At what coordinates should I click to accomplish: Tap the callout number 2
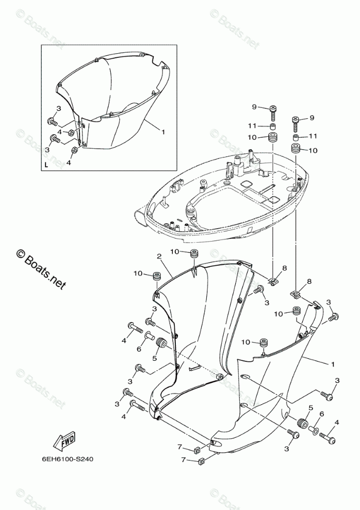(159, 256)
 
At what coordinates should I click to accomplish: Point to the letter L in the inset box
(46, 165)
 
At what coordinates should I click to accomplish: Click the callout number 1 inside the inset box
(163, 132)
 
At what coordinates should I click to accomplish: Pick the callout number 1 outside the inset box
(333, 364)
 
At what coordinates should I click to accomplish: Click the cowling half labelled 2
(201, 320)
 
